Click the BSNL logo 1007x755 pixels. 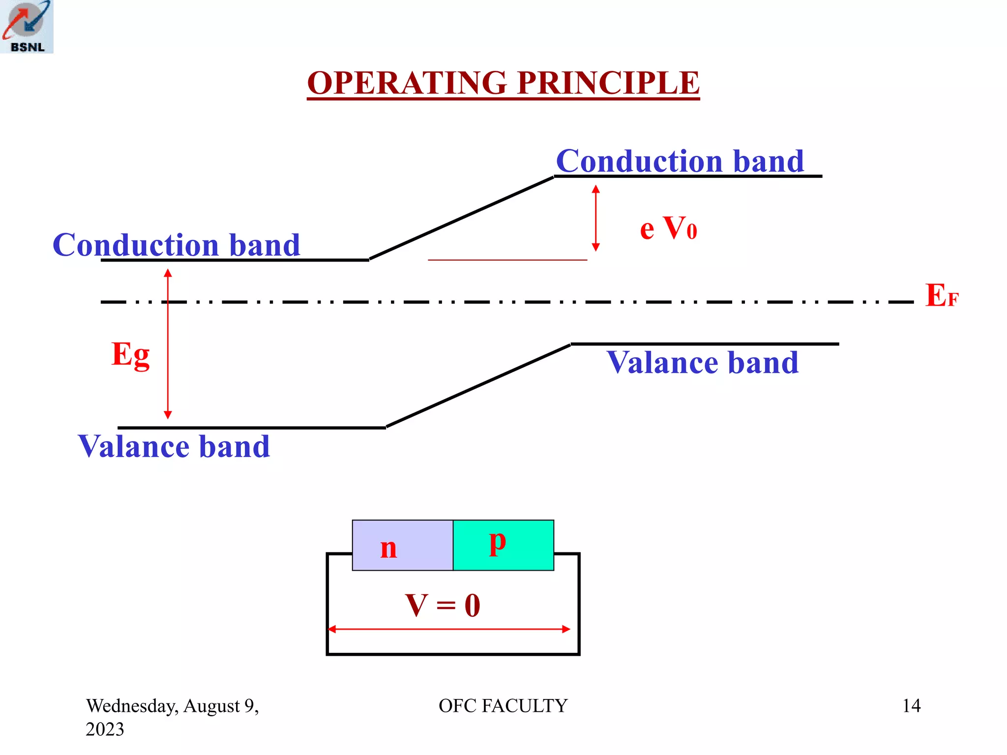27,27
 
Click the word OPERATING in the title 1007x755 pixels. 407,83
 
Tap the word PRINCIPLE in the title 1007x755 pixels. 608,83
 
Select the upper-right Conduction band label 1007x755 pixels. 680,161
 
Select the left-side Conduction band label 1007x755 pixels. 176,245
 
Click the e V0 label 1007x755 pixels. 668,229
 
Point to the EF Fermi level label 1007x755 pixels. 941,296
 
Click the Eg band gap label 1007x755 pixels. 130,354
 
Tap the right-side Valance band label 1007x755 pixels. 702,363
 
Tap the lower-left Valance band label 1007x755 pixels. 174,446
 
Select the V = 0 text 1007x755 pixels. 443,605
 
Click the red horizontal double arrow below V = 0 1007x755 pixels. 449,629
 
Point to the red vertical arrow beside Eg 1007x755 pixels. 168,344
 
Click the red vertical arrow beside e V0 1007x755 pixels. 595,218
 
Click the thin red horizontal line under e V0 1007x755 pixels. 507,260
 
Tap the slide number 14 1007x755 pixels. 911,706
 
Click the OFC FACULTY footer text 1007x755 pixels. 503,706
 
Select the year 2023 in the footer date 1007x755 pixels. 105,729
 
